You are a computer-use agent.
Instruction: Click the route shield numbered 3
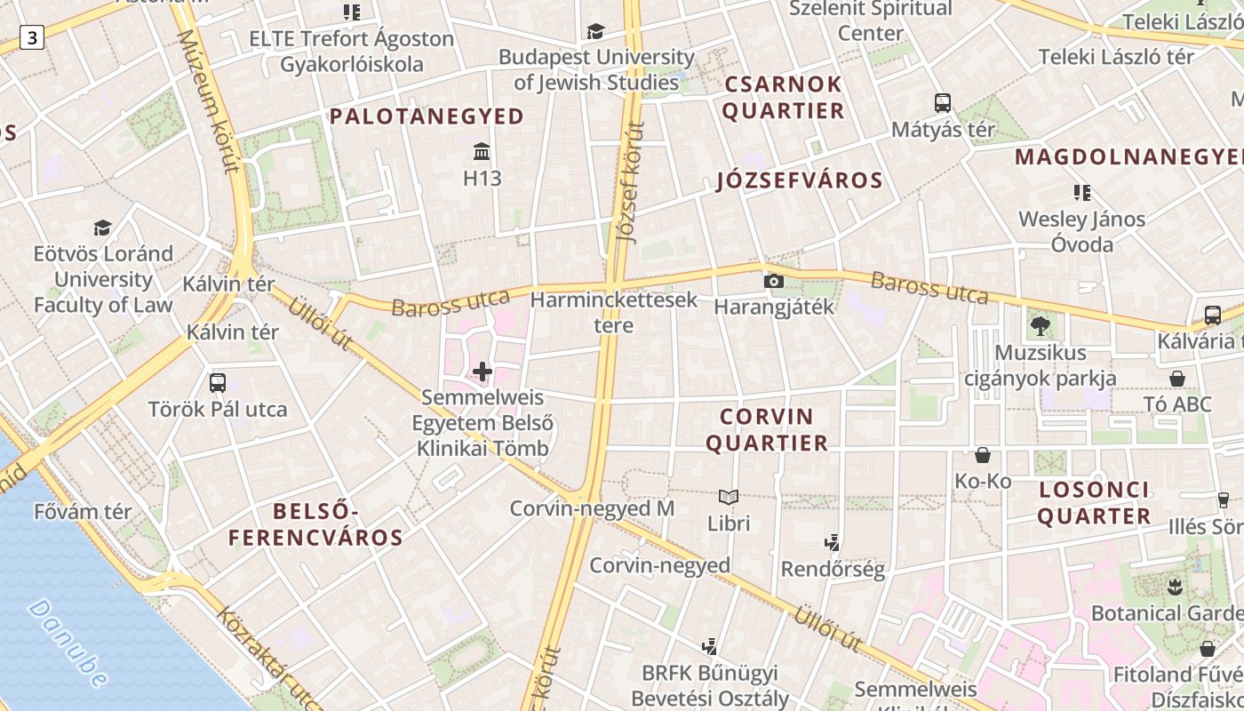tap(33, 37)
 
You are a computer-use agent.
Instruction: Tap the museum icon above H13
tap(482, 150)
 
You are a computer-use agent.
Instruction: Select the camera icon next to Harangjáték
tap(774, 281)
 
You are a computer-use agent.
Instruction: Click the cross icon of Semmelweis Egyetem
tap(482, 371)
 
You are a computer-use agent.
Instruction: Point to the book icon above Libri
tap(729, 497)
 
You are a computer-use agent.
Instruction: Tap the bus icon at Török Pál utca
tap(218, 383)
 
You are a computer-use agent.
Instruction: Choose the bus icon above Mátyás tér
tap(943, 103)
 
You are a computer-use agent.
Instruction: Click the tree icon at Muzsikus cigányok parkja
tap(1041, 326)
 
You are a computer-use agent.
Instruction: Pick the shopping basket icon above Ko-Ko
tap(983, 455)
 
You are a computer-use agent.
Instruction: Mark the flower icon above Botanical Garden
tap(1175, 587)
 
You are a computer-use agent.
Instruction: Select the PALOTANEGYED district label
tap(427, 116)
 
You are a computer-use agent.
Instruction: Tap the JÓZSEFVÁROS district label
tap(800, 181)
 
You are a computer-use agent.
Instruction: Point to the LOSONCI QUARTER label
tap(1094, 503)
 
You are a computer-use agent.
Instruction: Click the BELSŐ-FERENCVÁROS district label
tap(315, 524)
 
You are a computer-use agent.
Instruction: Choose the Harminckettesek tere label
tap(614, 312)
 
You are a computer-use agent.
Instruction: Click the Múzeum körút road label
tap(210, 99)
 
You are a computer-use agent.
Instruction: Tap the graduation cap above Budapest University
tap(595, 32)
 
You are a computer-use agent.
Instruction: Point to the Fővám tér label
tap(83, 512)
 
